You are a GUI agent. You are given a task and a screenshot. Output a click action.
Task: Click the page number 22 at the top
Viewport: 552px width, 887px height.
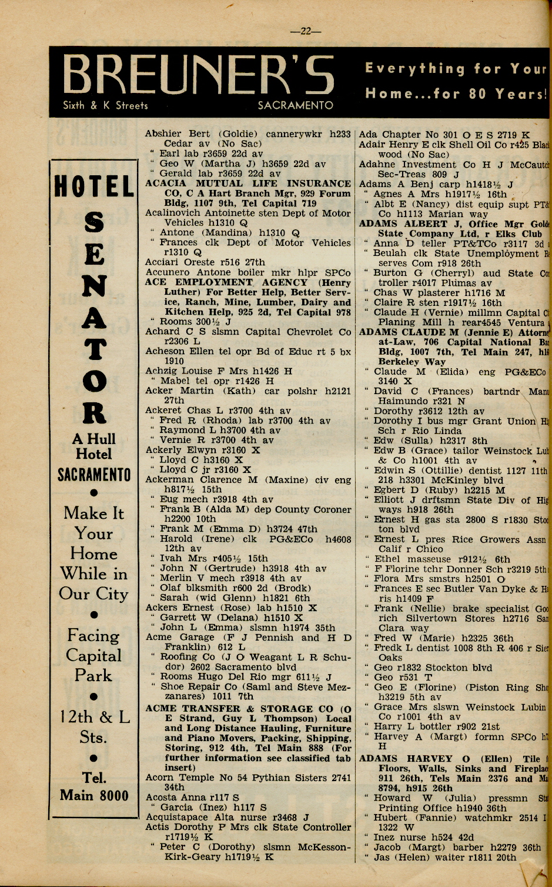pos(306,32)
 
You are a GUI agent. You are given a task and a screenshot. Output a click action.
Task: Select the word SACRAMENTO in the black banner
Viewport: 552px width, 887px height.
pos(295,106)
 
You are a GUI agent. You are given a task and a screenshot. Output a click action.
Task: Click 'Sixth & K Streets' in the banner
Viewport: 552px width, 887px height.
pos(105,106)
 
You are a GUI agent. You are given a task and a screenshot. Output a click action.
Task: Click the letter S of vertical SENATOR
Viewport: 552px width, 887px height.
pos(94,222)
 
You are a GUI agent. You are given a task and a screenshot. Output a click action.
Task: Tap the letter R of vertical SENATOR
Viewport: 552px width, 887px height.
pos(94,412)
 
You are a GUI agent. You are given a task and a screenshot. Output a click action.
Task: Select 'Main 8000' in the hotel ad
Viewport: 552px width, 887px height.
pos(94,796)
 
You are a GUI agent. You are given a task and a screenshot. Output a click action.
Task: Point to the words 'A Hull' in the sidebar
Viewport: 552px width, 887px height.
pos(94,439)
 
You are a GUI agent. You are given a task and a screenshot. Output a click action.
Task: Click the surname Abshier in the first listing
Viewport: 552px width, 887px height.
pos(164,134)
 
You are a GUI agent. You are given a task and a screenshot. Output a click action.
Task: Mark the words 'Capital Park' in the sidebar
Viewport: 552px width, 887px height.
pos(94,666)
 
